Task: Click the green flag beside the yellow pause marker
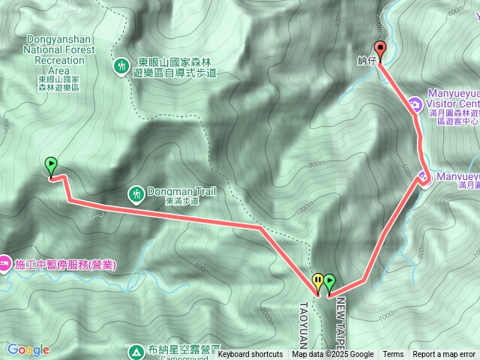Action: tap(328, 283)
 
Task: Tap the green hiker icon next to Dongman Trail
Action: tap(136, 194)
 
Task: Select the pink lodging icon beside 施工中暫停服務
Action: tap(4, 264)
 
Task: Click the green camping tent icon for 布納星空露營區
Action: tap(136, 350)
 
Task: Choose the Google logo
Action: tap(28, 349)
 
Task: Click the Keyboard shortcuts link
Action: tap(250, 355)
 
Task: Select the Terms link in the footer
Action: tap(393, 355)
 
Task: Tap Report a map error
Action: tap(444, 355)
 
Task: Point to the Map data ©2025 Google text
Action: tap(333, 355)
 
